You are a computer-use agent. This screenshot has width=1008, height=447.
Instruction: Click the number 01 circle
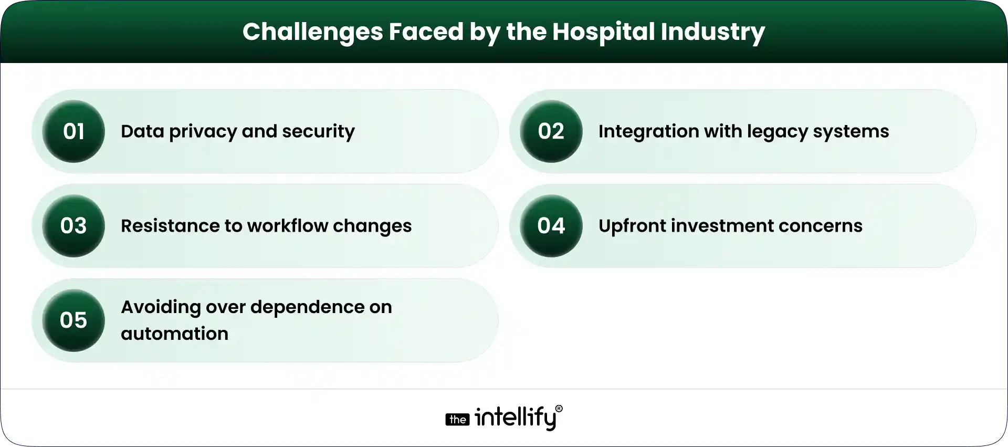[x=73, y=131]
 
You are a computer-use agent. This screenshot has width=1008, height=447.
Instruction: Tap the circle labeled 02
[x=551, y=131]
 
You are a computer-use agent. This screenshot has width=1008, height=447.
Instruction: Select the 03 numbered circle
[x=73, y=226]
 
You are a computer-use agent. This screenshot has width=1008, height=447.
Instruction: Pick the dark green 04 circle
[x=551, y=226]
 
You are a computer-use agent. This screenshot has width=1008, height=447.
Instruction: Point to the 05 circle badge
[x=73, y=320]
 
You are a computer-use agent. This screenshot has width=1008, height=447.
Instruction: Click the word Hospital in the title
[x=603, y=32]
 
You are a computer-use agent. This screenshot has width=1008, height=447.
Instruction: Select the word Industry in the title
[x=712, y=32]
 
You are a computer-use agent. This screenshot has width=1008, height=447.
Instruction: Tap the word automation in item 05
[x=174, y=334]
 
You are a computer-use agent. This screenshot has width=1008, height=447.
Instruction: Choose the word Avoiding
[x=160, y=307]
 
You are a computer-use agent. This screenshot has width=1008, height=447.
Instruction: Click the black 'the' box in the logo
[x=457, y=419]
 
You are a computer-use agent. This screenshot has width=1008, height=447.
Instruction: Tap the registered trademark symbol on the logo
[x=559, y=409]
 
